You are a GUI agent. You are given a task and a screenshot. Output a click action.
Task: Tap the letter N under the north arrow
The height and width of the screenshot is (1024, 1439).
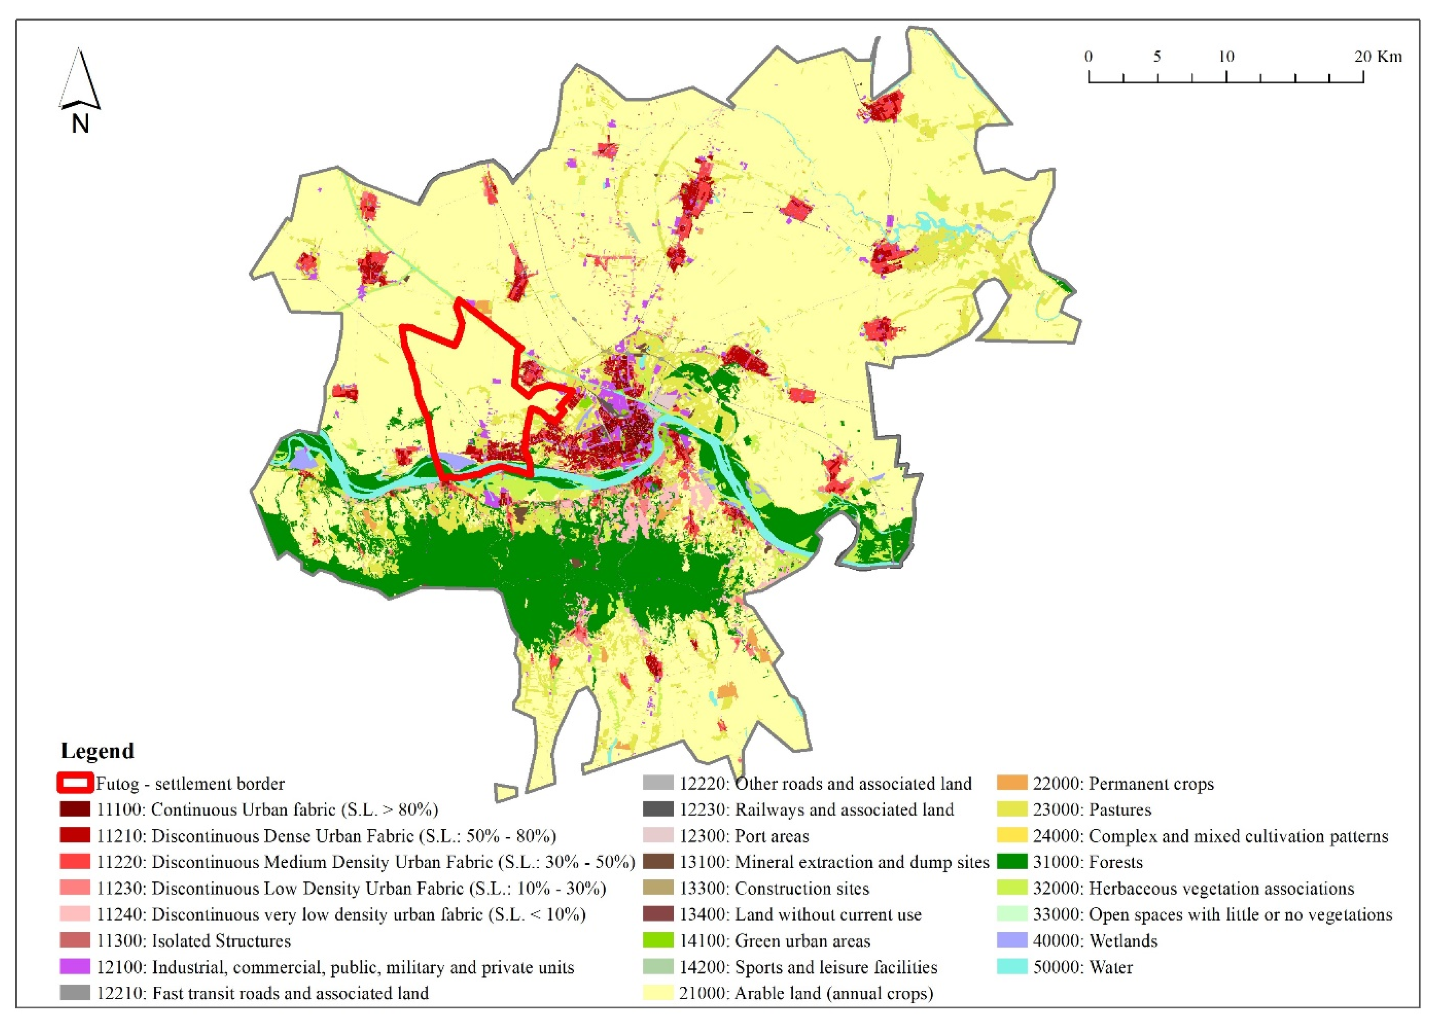click(80, 123)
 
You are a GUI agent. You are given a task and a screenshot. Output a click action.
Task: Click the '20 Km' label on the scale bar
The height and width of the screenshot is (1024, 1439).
click(1378, 57)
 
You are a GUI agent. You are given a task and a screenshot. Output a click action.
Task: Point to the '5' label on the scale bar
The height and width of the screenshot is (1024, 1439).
click(1157, 57)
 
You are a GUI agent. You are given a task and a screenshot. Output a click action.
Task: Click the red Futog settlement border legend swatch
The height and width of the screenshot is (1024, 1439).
click(75, 783)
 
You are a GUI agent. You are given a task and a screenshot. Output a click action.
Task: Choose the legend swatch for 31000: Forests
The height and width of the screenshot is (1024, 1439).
click(1012, 862)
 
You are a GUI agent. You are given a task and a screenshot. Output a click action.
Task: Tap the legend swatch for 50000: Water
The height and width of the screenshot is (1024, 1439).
click(1012, 967)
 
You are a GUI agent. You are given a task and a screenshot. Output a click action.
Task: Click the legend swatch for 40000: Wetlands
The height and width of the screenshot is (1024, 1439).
click(1012, 941)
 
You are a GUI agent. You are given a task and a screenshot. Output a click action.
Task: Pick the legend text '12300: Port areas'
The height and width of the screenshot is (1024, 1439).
click(744, 836)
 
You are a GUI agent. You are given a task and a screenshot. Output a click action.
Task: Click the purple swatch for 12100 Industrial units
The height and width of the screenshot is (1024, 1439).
click(75, 967)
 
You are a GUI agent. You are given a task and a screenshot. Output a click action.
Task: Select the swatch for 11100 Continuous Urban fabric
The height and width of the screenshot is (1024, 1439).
click(75, 810)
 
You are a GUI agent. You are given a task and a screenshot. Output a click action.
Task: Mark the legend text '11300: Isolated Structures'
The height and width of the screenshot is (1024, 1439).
click(194, 941)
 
